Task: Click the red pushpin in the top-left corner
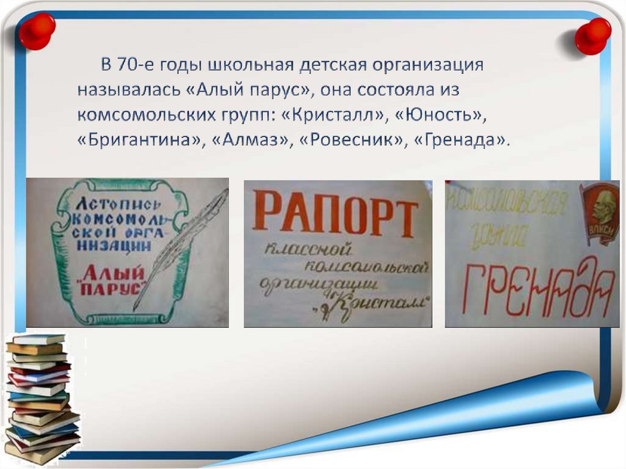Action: click(37, 30)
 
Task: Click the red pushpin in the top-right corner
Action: click(592, 35)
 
